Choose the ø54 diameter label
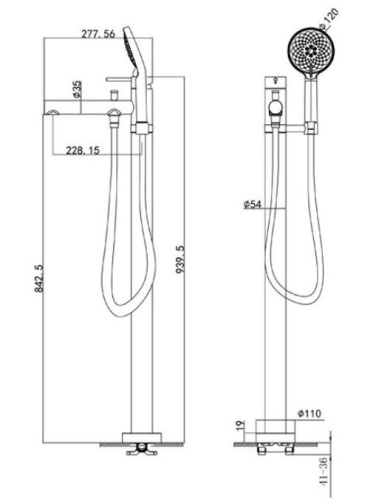(x=253, y=204)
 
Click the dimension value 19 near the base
(x=239, y=426)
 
